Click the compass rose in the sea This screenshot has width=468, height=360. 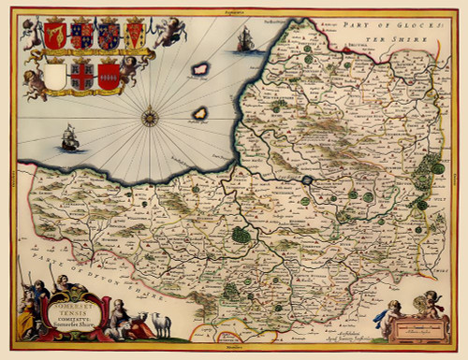tap(149, 118)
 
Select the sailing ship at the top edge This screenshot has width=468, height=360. tap(245, 39)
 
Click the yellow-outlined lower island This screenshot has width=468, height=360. tap(200, 115)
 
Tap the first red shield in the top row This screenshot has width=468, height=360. tap(55, 36)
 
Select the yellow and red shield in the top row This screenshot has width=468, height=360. tap(136, 35)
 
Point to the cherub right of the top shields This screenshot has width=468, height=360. tap(168, 32)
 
